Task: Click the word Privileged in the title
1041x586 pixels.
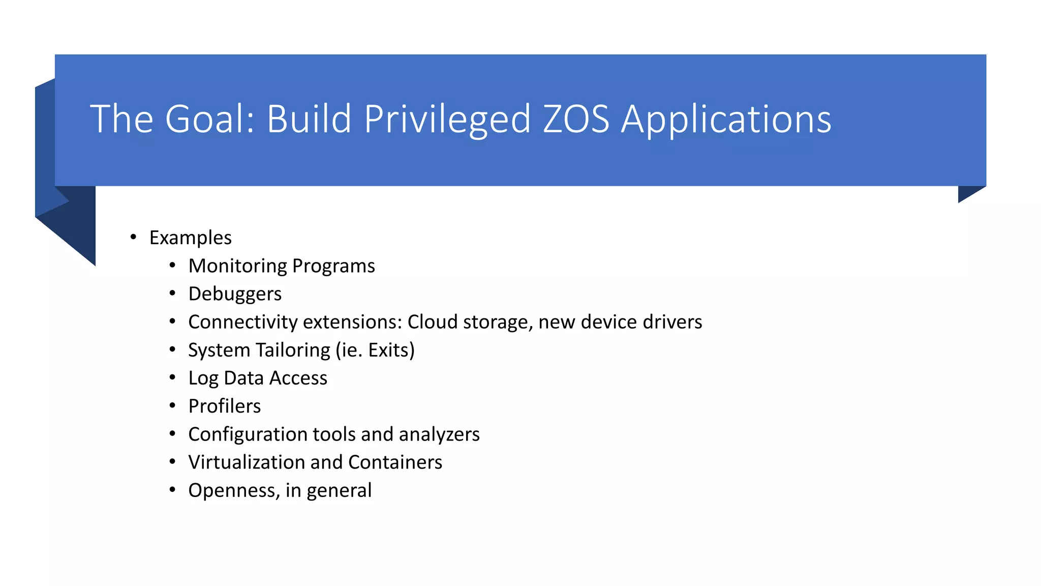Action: coord(447,120)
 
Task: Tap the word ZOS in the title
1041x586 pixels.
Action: coord(575,120)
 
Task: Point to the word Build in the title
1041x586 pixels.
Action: coord(309,120)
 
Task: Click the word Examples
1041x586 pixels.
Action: coord(190,238)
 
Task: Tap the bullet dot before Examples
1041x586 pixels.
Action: coord(133,237)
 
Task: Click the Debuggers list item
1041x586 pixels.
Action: coord(234,294)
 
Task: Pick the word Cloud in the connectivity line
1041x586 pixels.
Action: coord(432,322)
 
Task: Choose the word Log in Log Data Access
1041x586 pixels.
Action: coord(203,378)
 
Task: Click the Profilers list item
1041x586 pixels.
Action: coord(224,406)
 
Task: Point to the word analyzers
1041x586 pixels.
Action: coord(439,434)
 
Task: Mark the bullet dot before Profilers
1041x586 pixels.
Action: coord(172,405)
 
